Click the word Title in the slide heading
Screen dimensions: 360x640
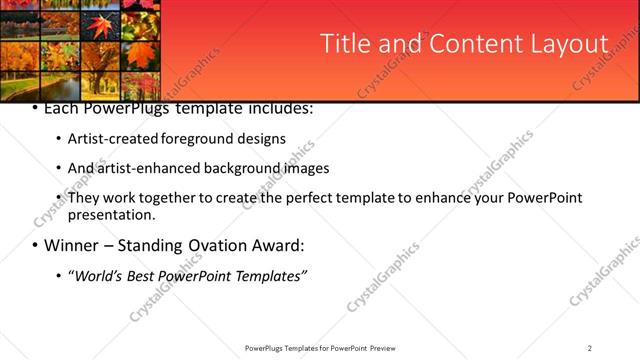coord(343,44)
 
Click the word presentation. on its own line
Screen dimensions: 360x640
coord(111,214)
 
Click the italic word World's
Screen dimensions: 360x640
coord(98,275)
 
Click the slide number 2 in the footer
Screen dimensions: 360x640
coord(590,348)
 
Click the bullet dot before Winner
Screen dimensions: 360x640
coord(35,246)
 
